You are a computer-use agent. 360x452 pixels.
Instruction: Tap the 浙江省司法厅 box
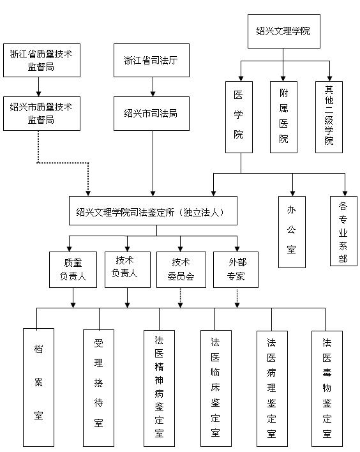[x=151, y=61]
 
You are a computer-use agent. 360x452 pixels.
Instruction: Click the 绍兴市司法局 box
[x=151, y=114]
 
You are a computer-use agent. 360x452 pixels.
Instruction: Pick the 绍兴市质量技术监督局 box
[x=41, y=113]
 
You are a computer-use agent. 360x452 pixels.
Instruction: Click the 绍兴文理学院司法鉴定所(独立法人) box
[x=153, y=211]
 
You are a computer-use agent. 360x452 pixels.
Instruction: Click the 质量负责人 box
[x=72, y=269]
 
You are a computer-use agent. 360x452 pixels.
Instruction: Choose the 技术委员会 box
[x=181, y=269]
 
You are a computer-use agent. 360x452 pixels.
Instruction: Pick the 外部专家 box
[x=237, y=269]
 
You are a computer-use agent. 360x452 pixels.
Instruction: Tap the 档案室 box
[x=38, y=387]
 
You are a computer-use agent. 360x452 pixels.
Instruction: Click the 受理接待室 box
[x=98, y=387]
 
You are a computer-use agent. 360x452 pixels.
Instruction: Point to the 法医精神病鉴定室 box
[x=159, y=387]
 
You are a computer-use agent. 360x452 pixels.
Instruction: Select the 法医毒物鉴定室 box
[x=327, y=387]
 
